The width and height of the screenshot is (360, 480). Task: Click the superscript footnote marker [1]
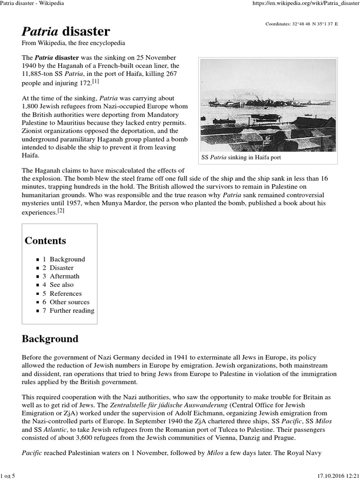tap(96, 82)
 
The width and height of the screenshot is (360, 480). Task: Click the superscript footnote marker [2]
tap(60, 211)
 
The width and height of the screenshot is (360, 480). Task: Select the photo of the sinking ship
tap(268, 105)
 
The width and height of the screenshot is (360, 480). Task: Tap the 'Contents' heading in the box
tap(45, 241)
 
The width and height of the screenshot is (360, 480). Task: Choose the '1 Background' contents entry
tap(64, 259)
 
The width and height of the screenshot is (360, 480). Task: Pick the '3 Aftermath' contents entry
tap(61, 276)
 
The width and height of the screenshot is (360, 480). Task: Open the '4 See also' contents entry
tap(58, 285)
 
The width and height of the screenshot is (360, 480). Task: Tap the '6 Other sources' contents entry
tap(66, 302)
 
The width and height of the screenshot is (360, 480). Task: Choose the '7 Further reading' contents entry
tap(68, 310)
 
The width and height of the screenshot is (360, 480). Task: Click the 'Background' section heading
tap(50, 339)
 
